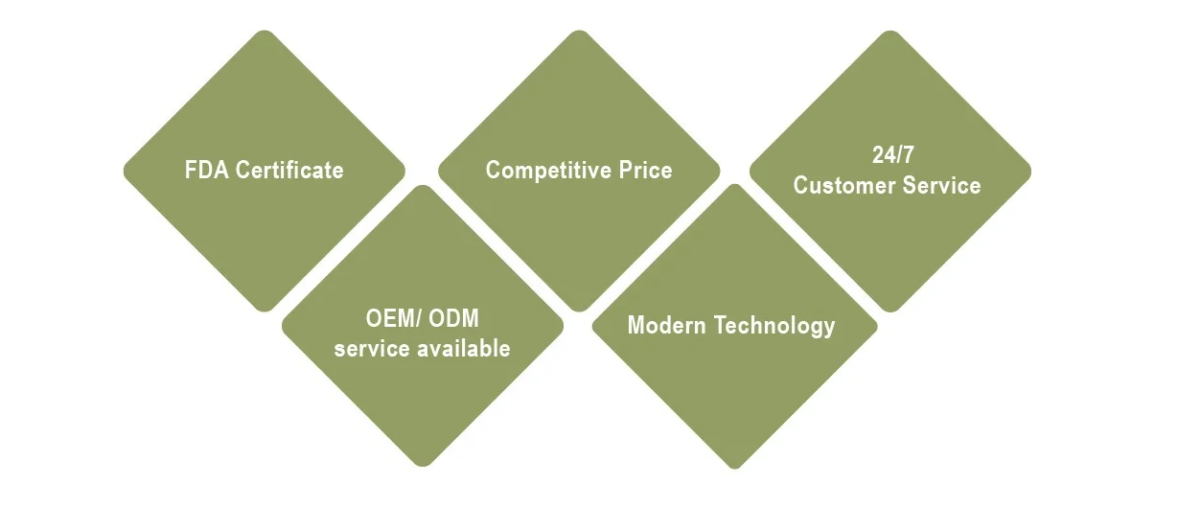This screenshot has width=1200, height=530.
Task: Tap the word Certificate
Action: tap(289, 171)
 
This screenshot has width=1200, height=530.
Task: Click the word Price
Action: tap(645, 171)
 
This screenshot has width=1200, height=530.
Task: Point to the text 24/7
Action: tap(888, 156)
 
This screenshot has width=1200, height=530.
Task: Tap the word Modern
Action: tap(668, 325)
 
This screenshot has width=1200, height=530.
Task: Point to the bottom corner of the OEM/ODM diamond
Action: tap(423, 464)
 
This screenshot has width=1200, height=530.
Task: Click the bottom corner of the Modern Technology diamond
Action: tap(734, 467)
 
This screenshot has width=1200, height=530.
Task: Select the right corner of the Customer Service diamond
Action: tap(1028, 172)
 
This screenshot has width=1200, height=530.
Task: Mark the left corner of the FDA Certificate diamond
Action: tap(126, 172)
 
